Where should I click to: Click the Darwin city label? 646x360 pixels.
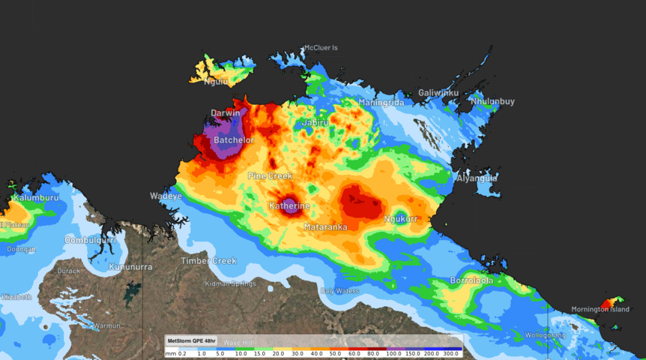[225, 113]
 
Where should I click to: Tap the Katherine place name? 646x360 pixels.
[289, 205]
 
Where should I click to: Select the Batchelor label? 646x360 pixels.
[234, 140]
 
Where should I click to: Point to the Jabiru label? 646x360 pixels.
[315, 122]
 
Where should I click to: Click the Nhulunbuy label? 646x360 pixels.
[492, 101]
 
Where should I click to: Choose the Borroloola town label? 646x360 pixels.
[471, 280]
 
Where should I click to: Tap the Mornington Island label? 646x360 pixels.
[600, 309]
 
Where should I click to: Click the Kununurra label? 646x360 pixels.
[131, 267]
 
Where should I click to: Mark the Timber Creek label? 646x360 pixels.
[208, 261]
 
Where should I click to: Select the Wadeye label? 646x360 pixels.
[166, 196]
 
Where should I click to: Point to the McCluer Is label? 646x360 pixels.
[320, 48]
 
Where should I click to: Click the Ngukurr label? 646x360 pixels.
[399, 219]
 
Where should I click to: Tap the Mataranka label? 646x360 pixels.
[324, 226]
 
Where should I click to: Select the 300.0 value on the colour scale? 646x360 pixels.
[451, 353]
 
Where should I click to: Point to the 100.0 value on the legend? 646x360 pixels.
[393, 353]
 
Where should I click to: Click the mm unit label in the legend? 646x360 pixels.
[170, 353]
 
